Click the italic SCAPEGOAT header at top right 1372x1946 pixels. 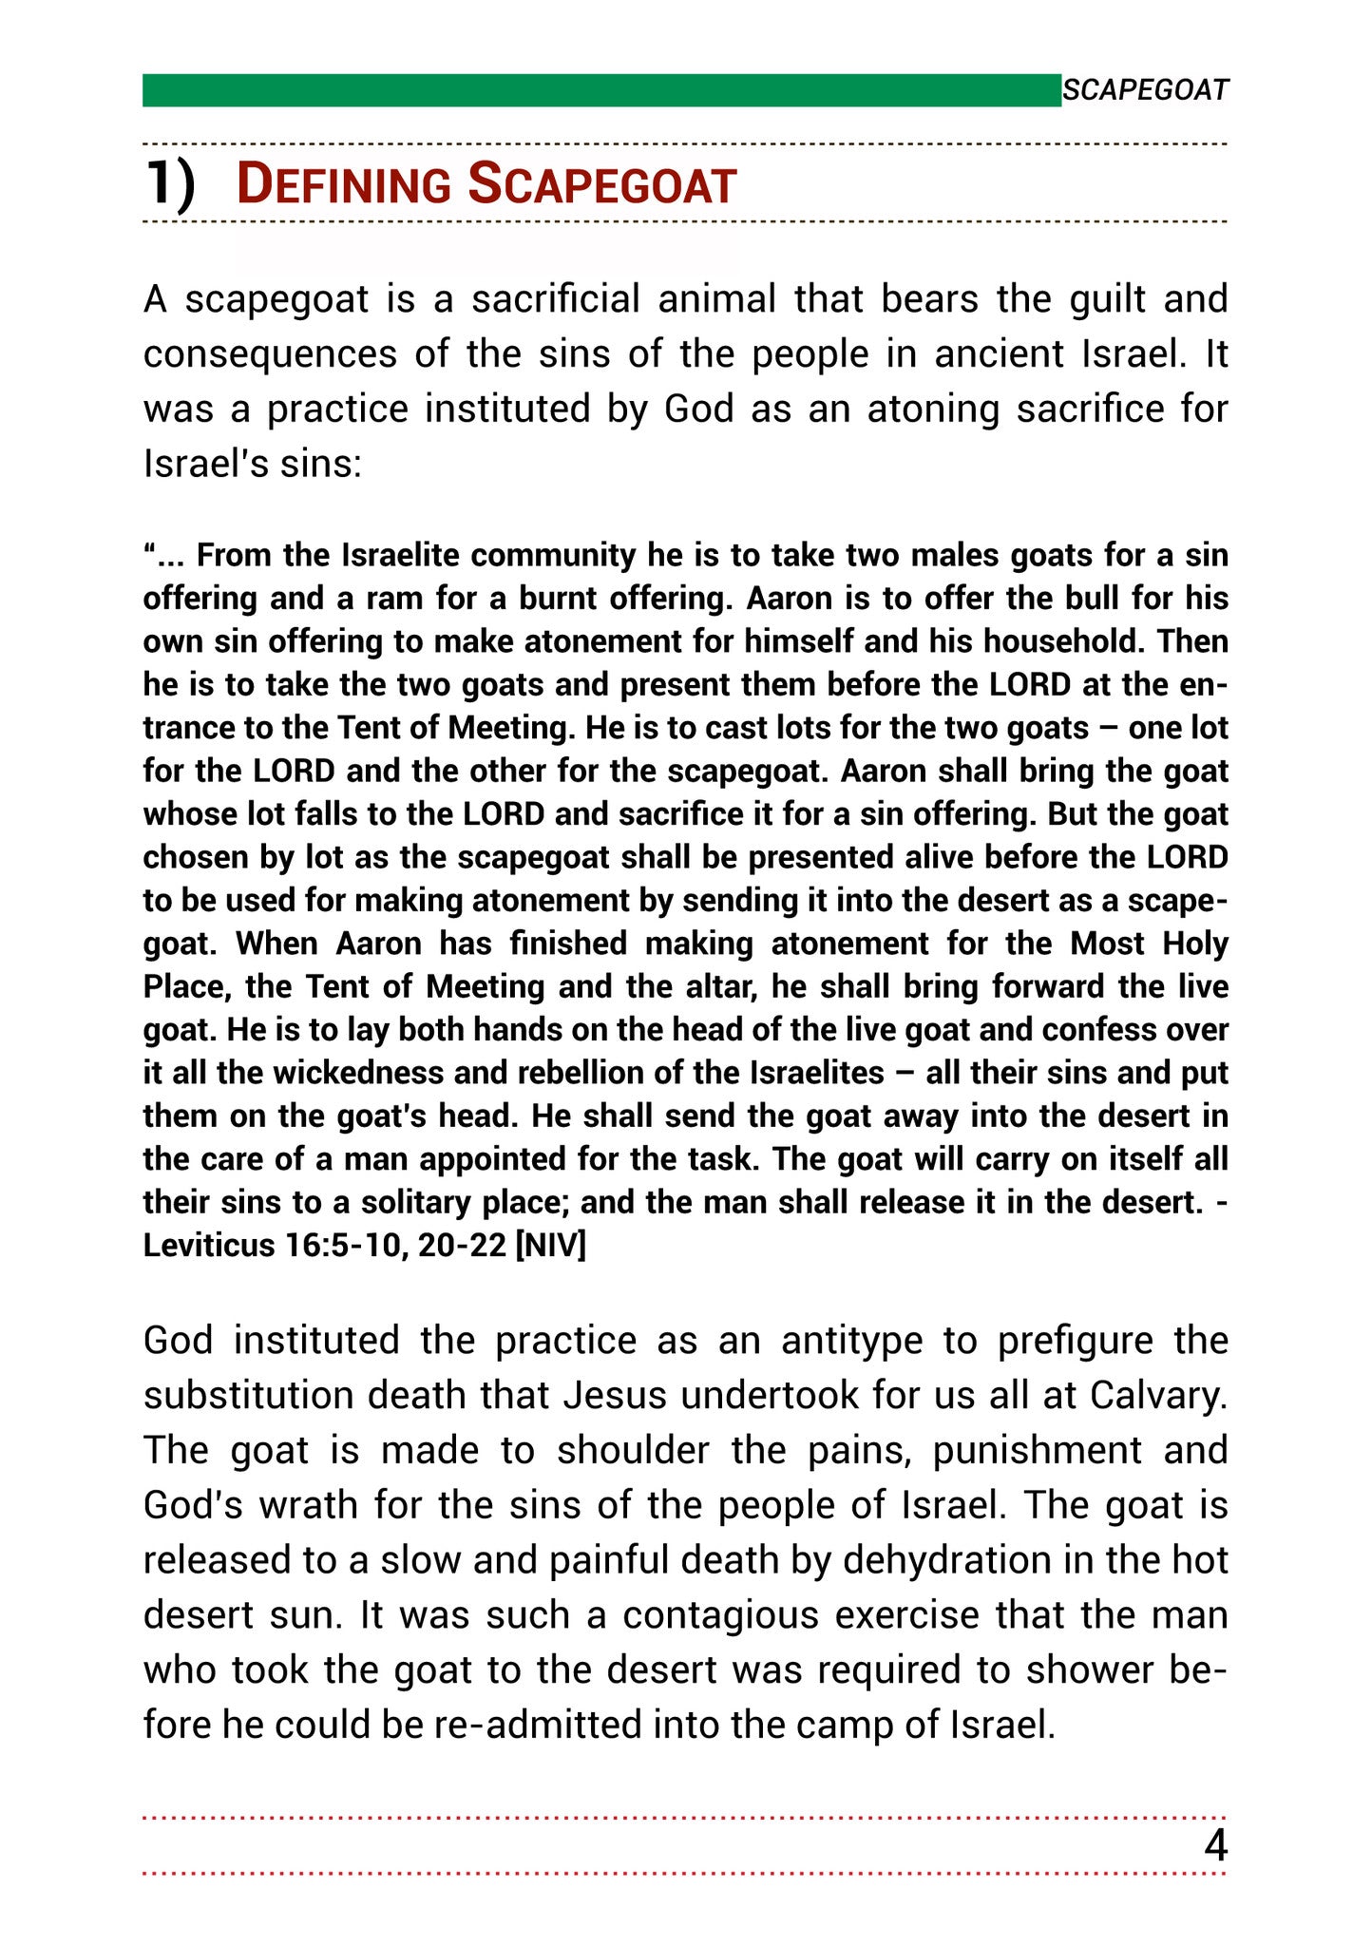click(x=1145, y=90)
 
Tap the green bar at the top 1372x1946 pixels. click(x=601, y=90)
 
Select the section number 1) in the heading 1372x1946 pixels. click(x=170, y=183)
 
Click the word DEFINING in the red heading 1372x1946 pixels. click(x=343, y=184)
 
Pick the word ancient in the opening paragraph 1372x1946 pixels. click(x=1000, y=354)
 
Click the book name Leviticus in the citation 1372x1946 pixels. click(x=208, y=1246)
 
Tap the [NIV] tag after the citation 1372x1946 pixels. click(x=550, y=1246)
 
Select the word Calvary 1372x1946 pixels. click(x=1158, y=1397)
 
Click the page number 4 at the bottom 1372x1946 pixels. click(x=1215, y=1846)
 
